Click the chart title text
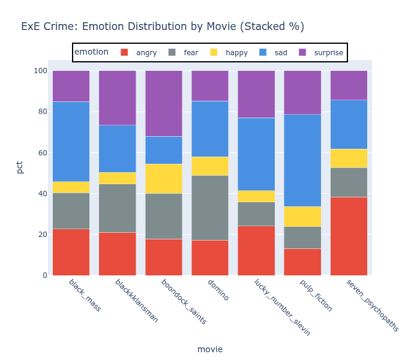click(x=163, y=26)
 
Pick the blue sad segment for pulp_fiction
click(x=302, y=160)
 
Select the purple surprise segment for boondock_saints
click(x=164, y=103)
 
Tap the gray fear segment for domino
click(x=210, y=208)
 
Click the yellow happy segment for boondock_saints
click(x=164, y=178)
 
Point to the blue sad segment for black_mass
click(x=71, y=142)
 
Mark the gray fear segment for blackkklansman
click(x=117, y=208)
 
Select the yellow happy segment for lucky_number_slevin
click(x=256, y=196)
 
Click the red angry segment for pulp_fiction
click(x=302, y=262)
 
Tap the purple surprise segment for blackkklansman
click(x=117, y=98)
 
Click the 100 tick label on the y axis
click(x=40, y=71)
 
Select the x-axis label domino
click(x=217, y=290)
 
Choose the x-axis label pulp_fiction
click(x=315, y=295)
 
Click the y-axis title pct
click(x=20, y=167)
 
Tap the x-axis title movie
click(x=210, y=349)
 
